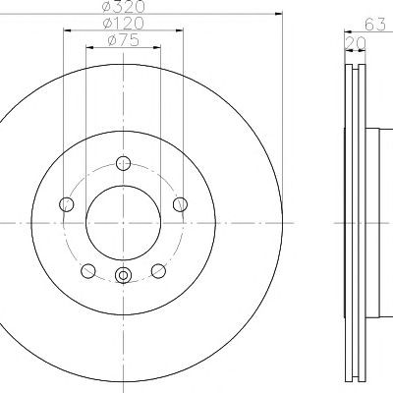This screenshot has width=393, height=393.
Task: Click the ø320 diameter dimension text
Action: tap(123, 6)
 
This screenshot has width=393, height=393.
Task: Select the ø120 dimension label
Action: tap(123, 23)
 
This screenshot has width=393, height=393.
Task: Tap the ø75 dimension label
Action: tap(123, 40)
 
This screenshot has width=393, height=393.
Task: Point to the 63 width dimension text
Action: tap(375, 25)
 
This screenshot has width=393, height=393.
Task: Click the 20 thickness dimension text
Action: tap(356, 43)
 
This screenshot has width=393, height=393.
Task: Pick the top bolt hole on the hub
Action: tap(123, 163)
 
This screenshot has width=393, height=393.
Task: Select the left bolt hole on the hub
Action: tap(67, 204)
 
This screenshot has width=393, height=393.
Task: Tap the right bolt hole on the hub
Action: tap(180, 204)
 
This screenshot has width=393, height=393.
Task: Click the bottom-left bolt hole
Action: tap(88, 271)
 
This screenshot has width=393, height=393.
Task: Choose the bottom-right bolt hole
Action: tap(158, 271)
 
